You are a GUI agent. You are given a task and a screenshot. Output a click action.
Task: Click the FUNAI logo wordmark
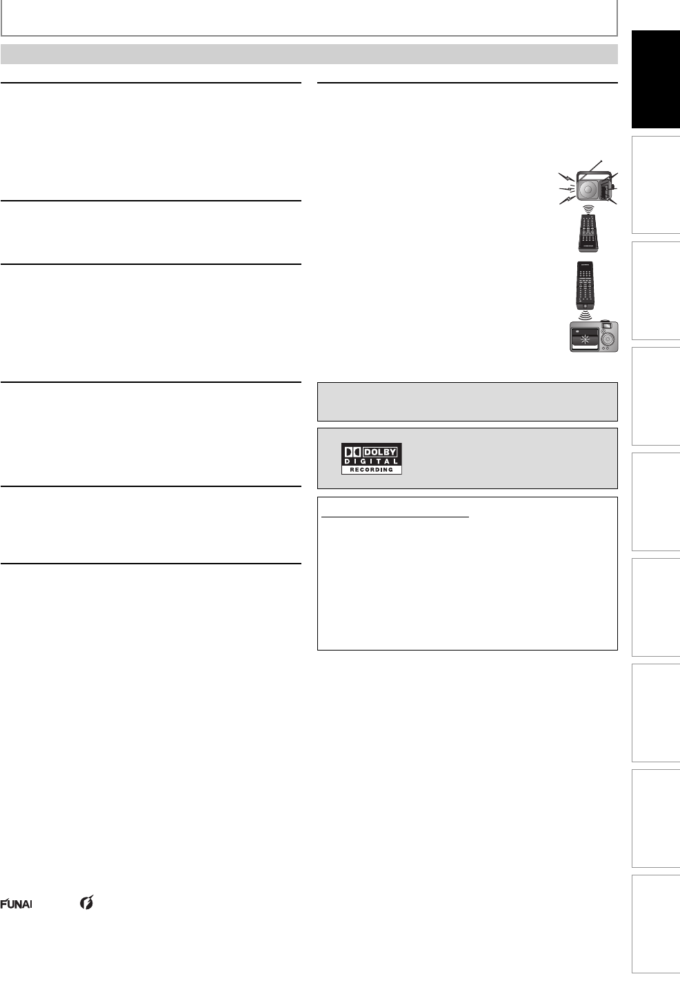[16, 904]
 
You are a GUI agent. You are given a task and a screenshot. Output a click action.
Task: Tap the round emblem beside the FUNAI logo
[87, 902]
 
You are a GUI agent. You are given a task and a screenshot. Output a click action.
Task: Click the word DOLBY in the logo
[380, 453]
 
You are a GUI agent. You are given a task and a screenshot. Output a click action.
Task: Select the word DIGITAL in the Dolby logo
[371, 462]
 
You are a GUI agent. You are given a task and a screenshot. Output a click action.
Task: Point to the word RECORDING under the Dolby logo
[371, 470]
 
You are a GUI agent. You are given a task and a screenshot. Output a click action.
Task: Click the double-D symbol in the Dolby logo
[352, 453]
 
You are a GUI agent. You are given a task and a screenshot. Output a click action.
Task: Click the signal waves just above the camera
[585, 315]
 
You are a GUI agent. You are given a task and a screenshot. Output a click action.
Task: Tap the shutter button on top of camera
[606, 321]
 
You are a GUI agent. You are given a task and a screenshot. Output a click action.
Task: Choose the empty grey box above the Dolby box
[467, 401]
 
